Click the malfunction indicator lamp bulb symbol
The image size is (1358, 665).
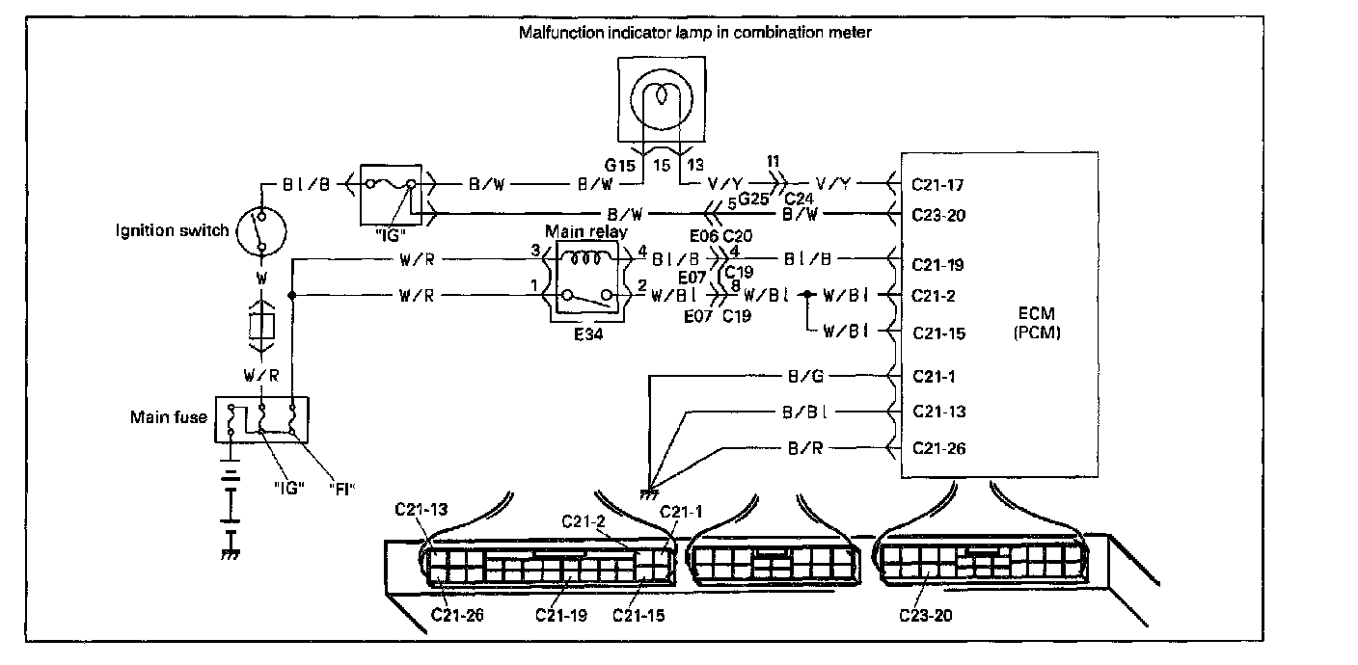[661, 99]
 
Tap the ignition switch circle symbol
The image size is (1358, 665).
[261, 230]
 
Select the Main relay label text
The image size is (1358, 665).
[586, 232]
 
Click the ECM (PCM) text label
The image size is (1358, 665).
[1037, 323]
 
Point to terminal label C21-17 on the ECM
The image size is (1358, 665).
[937, 184]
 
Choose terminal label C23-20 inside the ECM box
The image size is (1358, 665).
[938, 215]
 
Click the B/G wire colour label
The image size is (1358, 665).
[805, 376]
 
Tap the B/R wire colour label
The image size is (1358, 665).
[805, 448]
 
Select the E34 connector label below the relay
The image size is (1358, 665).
[588, 333]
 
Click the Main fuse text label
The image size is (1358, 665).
[169, 416]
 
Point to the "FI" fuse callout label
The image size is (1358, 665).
[342, 489]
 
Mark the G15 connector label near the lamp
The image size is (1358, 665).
[619, 165]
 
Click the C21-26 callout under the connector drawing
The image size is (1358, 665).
[457, 615]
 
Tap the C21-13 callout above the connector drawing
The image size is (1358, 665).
[421, 509]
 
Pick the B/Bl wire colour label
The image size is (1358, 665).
[805, 412]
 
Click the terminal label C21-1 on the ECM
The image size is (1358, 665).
[934, 376]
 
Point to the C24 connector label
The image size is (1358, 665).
[799, 199]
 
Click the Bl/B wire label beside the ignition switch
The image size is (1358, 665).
[306, 184]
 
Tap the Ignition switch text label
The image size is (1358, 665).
[173, 230]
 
